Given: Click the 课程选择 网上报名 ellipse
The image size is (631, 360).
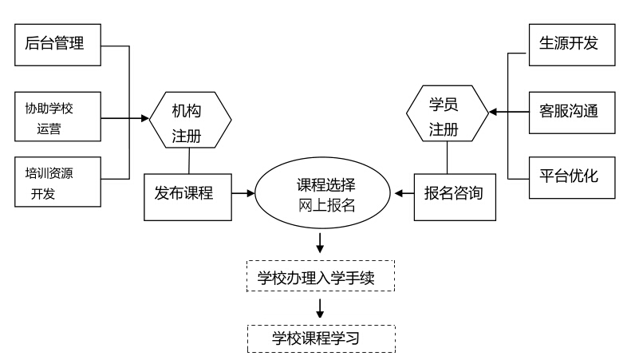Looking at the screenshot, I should (x=321, y=194).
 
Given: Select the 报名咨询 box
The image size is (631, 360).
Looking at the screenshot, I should (x=453, y=192).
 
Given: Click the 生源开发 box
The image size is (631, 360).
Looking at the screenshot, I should (x=574, y=45).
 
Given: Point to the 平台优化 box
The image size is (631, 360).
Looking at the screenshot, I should (x=574, y=177).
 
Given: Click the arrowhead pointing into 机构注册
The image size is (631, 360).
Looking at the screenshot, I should (x=146, y=119).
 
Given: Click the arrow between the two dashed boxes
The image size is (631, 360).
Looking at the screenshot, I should (x=321, y=308).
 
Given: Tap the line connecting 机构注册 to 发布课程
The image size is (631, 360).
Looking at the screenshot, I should (x=189, y=160).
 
